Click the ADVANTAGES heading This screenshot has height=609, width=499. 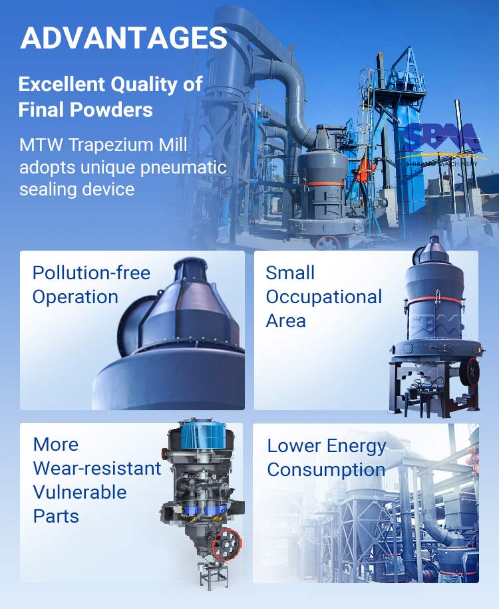point(124,38)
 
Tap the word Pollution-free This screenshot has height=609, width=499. point(91,273)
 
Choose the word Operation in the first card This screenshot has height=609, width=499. point(75,297)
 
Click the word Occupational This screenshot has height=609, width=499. point(324,297)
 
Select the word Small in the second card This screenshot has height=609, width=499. point(290,273)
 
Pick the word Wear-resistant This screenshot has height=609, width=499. point(97,469)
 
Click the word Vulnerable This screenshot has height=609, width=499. point(80,493)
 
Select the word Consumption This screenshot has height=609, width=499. point(326,470)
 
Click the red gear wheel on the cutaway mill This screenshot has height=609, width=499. point(227,545)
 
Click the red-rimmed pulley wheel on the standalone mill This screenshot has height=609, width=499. point(470,372)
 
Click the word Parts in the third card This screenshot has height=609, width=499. point(56,517)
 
